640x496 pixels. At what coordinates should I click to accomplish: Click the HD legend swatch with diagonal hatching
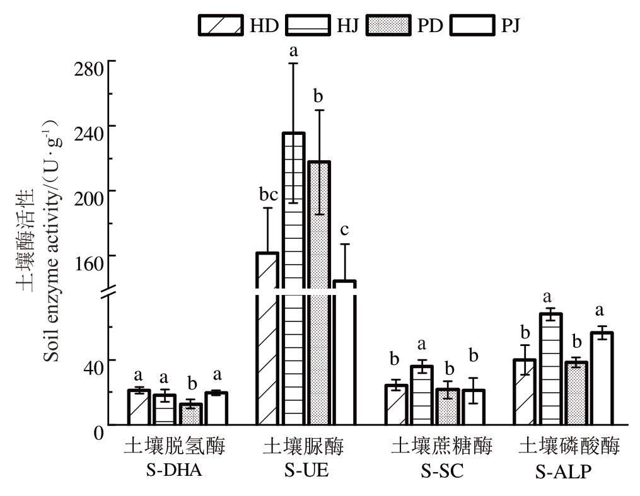pos(221,25)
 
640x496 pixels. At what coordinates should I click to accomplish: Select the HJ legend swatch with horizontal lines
pos(308,25)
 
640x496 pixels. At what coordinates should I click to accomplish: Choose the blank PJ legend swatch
pos(476,25)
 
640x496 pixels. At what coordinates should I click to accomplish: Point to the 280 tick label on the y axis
pos(89,68)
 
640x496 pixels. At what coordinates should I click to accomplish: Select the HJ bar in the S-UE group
pos(293,277)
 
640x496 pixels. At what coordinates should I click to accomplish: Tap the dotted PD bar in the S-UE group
pos(319,290)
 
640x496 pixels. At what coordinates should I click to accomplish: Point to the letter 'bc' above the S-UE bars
pos(269,195)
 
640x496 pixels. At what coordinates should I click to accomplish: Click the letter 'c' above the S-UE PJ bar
pos(344,231)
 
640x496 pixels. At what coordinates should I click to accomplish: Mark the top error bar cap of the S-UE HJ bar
pos(293,64)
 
